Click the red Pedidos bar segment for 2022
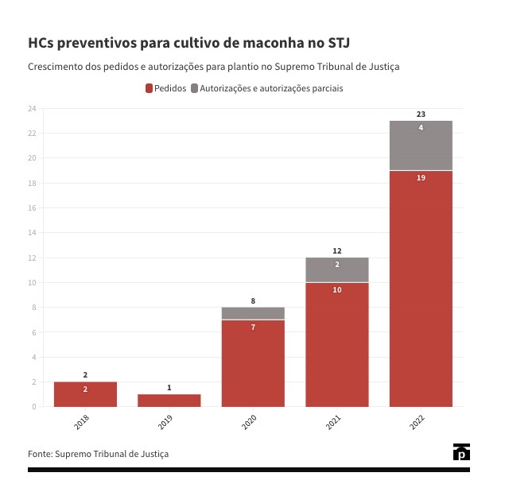tap(421, 289)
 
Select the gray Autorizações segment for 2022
tap(421, 145)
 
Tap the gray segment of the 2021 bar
tap(336, 270)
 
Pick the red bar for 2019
tap(169, 400)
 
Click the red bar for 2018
tap(85, 394)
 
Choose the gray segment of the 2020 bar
tap(253, 313)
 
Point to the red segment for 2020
tap(253, 363)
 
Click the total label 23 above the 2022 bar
tap(421, 114)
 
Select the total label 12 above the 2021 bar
tap(336, 251)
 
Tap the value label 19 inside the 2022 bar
tap(421, 178)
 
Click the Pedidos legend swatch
tap(149, 88)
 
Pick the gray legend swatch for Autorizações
tap(195, 88)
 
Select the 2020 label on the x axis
tap(248, 423)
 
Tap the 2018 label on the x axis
tap(81, 423)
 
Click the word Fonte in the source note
tap(39, 453)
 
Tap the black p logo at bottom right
tap(461, 452)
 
